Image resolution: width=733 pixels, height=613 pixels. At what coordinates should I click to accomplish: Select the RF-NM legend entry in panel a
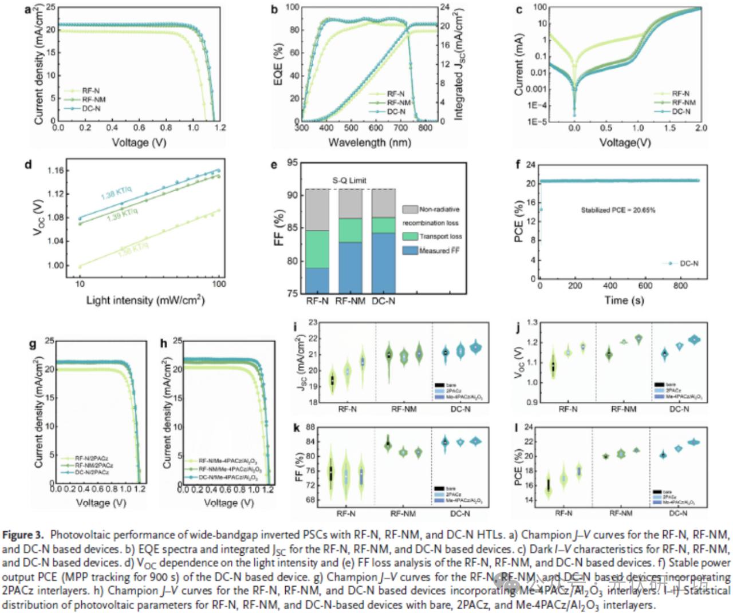coord(93,100)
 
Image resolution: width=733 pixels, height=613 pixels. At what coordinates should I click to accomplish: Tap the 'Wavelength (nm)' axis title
coord(369,143)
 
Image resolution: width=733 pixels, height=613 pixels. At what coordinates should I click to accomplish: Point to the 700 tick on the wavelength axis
coord(401,128)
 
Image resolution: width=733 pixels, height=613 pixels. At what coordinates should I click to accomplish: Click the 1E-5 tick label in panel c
coord(538,122)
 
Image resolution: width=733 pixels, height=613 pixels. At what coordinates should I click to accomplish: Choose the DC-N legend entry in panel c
coord(680,112)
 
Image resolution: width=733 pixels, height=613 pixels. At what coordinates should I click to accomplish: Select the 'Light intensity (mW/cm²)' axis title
coord(145,300)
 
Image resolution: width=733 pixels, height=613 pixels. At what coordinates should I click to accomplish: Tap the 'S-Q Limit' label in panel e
coord(349,180)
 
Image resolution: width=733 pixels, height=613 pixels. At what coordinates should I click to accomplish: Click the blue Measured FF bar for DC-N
coord(383,263)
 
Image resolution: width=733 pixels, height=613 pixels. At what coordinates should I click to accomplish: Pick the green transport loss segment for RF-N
coord(317,249)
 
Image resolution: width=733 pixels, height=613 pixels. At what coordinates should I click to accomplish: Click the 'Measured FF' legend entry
coord(439,251)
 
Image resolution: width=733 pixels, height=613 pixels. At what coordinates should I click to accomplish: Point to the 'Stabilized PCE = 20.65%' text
coord(618,210)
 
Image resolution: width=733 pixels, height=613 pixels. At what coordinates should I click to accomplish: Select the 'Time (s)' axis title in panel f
coord(624,300)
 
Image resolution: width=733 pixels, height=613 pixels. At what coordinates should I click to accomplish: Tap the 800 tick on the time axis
coord(680,286)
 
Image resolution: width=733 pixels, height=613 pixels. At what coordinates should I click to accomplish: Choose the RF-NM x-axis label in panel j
coord(624,409)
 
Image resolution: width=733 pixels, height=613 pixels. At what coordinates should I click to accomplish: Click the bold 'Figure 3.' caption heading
coord(22,535)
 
